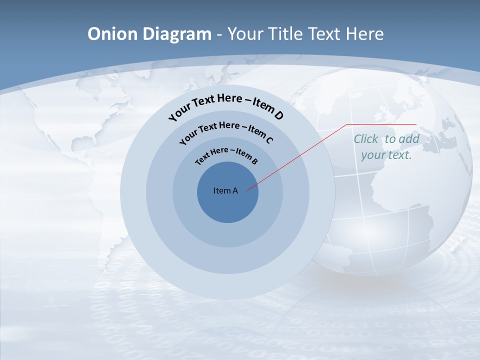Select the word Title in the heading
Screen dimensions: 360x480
285,34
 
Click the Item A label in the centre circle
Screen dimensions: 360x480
225,190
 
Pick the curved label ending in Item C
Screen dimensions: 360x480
226,130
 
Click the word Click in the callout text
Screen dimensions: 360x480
366,139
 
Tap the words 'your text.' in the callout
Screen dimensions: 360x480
386,155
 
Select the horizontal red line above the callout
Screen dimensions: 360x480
381,124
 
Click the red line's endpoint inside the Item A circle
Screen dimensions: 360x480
247,189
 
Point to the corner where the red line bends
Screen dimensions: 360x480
347,124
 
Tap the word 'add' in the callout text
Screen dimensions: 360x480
409,139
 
